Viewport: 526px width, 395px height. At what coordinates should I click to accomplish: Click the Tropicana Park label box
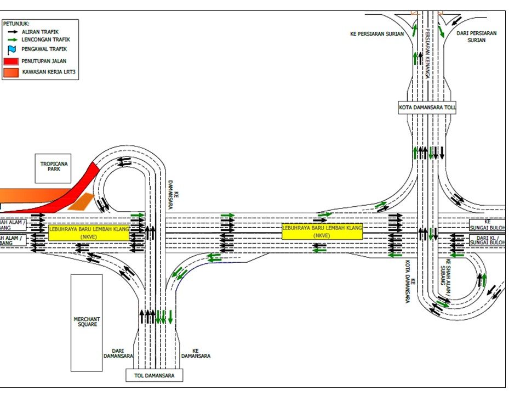[x=53, y=168]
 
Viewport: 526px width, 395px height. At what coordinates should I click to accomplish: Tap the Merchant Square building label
[x=87, y=322]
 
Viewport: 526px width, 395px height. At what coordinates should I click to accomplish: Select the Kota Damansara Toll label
[x=427, y=108]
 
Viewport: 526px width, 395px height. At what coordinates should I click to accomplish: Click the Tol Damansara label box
[x=154, y=375]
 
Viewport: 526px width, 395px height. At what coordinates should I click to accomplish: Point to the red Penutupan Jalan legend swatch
[x=11, y=61]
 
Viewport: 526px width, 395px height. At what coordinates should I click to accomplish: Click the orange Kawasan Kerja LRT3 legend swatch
[x=11, y=72]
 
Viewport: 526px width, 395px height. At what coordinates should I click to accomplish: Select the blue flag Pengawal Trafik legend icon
[x=11, y=49]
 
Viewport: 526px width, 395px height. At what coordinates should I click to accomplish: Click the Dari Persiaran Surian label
[x=476, y=36]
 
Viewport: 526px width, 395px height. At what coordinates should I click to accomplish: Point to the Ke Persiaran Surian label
[x=377, y=34]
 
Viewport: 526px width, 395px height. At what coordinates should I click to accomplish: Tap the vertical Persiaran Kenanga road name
[x=426, y=52]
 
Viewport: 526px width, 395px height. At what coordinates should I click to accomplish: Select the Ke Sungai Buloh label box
[x=487, y=225]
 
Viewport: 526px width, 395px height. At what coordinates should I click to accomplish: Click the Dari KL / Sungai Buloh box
[x=487, y=240]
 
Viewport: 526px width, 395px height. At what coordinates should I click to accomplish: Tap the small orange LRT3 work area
[x=81, y=202]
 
